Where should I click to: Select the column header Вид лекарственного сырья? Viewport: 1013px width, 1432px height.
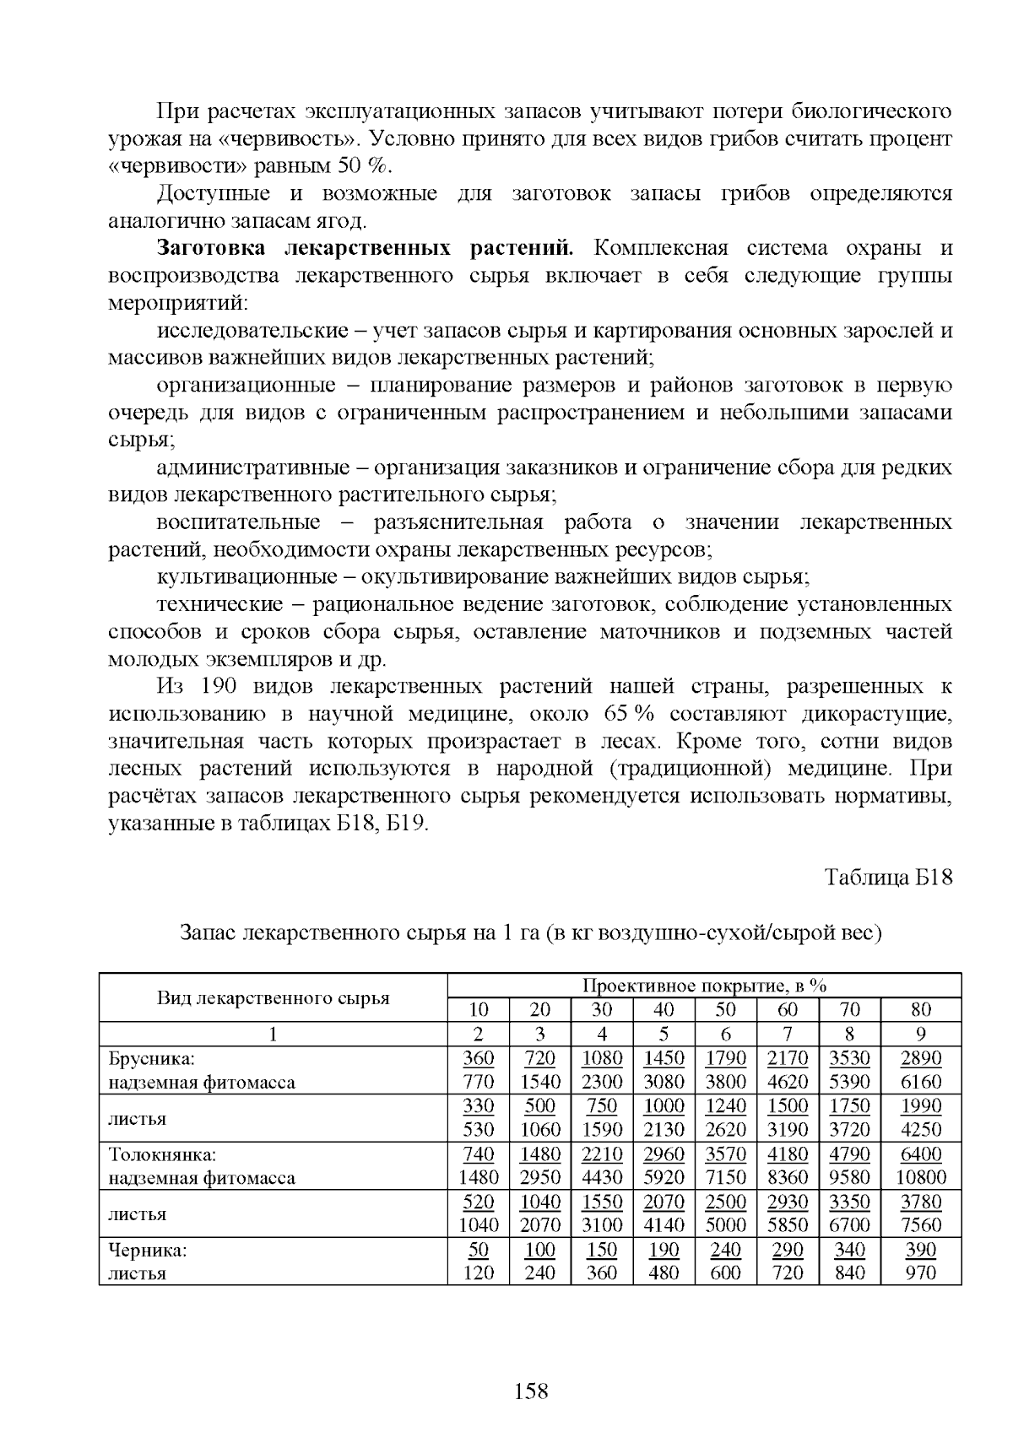(273, 998)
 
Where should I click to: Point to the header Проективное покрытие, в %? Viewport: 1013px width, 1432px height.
(704, 986)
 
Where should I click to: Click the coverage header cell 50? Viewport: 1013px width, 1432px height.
(726, 1010)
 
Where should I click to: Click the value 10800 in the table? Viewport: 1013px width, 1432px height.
(921, 1177)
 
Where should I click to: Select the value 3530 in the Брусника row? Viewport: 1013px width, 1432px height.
(849, 1058)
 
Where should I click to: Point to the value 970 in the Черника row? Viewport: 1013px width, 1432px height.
(921, 1273)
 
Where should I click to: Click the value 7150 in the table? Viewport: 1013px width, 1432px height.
(726, 1177)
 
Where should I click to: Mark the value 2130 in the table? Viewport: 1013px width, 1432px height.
(664, 1130)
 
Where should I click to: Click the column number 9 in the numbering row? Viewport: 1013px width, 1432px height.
(921, 1034)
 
